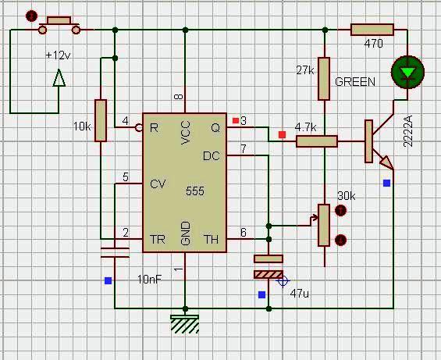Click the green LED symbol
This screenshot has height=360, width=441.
407,72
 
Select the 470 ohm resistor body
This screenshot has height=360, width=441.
372,30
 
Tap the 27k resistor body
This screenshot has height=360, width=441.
324,79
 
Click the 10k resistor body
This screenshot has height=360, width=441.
101,120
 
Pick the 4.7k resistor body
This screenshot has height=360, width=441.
317,141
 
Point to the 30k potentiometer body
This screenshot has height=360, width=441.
324,226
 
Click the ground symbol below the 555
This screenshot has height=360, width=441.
185,324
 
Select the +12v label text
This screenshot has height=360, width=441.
58,55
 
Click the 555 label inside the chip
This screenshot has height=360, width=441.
195,191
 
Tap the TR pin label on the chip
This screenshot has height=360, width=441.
158,240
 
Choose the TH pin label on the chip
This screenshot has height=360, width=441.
211,240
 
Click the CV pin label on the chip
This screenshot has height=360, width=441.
158,184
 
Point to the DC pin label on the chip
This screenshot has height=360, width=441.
212,156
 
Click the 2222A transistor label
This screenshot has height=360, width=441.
407,131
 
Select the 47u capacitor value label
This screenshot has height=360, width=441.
299,294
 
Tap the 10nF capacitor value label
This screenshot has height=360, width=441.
150,280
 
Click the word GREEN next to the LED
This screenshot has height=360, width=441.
355,82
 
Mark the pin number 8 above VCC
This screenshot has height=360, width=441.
179,97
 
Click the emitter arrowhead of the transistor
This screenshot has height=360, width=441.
386,162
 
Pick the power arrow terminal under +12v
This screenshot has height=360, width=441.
59,78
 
